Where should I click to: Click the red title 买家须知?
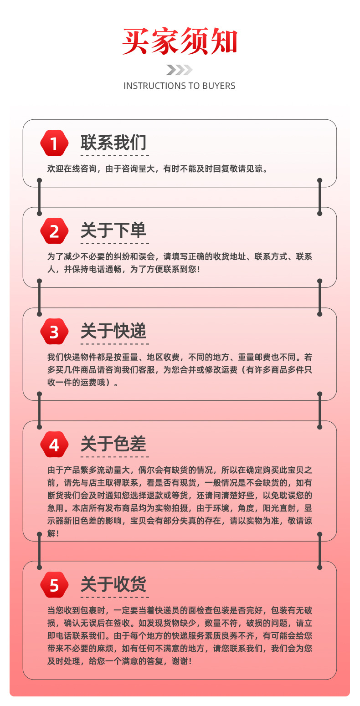tap(180, 42)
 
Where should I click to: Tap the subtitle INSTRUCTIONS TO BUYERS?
tap(180, 86)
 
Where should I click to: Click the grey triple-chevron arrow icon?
tap(179, 70)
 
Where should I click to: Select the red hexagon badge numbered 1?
tap(54, 143)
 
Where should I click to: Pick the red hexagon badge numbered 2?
tap(54, 231)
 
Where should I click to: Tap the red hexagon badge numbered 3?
tap(54, 332)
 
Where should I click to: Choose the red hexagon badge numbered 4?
tap(54, 444)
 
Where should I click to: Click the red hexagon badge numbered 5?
tap(54, 585)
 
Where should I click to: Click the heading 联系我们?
tap(113, 143)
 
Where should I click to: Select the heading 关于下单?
tap(113, 230)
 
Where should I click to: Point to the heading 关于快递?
tap(113, 331)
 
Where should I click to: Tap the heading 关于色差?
tap(113, 444)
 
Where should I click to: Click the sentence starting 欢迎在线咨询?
tap(158, 169)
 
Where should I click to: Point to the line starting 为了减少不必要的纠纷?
tap(180, 257)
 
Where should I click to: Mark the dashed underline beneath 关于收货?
tap(114, 597)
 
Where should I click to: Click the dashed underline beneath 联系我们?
tap(114, 155)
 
